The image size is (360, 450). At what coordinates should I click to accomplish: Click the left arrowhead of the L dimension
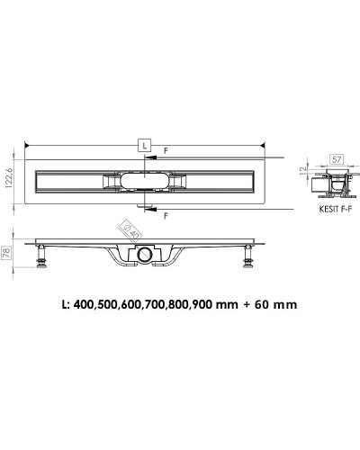tap(27, 144)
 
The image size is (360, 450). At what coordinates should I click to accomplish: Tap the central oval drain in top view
tap(144, 184)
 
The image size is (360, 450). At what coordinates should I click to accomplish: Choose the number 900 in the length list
tap(206, 304)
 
